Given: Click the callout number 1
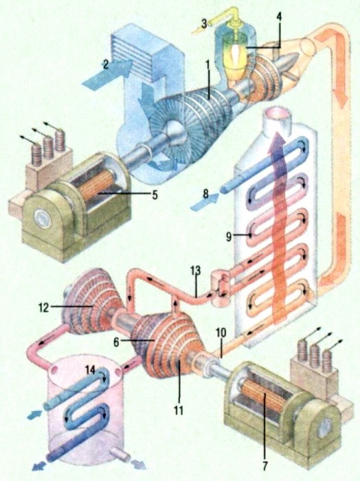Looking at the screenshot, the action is [x=207, y=65].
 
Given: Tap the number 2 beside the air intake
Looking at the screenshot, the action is [x=106, y=65].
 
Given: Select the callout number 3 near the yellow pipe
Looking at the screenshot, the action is [x=204, y=23].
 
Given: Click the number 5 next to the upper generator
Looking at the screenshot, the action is [x=155, y=194].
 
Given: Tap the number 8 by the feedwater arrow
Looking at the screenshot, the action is [x=205, y=194].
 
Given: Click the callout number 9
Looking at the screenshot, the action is [x=229, y=236].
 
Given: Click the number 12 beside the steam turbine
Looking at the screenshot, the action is [x=43, y=307].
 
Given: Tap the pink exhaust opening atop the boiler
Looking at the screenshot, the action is [x=279, y=114].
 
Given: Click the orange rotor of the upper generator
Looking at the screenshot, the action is [x=95, y=186].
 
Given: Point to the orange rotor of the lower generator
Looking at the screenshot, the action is [x=263, y=399].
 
